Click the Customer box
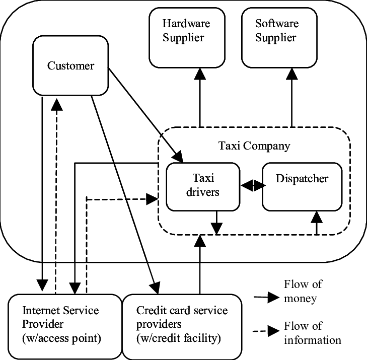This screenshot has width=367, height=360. pos(70,65)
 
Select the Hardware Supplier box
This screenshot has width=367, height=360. pos(186,38)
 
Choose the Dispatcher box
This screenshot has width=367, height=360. pos(302,186)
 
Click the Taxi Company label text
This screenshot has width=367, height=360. pos(254,146)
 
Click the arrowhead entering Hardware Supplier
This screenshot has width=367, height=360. pos(200,74)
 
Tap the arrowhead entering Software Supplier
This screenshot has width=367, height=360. pos(292,74)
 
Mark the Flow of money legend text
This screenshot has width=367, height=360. pos(303,291)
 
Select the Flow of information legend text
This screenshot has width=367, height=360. pos(312,333)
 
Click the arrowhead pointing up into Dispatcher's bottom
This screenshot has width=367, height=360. pos(316,218)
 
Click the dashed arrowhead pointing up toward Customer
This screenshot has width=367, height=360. pos(56,104)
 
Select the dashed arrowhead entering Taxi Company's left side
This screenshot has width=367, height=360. pos(152,199)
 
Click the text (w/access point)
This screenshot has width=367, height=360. pos(61,338)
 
